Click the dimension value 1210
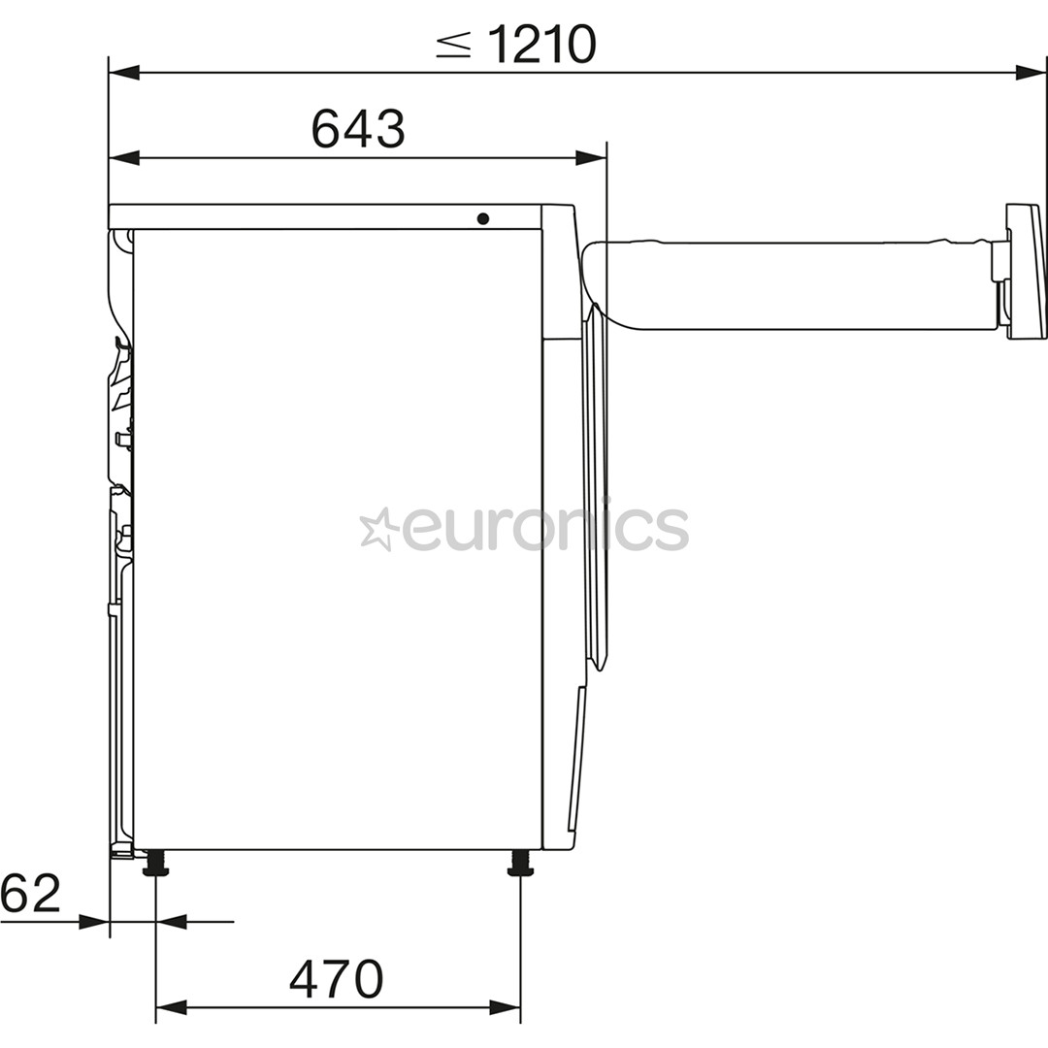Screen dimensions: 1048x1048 coord(541,45)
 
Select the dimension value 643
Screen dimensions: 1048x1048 coord(357,129)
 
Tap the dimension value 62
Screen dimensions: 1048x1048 coord(30,894)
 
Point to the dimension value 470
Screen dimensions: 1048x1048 coord(336,979)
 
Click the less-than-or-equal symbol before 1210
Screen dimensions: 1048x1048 coord(453,46)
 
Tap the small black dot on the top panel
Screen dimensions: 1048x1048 coord(482,218)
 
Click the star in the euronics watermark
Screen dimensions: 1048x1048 coord(378,530)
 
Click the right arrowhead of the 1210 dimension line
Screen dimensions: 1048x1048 coord(1031,73)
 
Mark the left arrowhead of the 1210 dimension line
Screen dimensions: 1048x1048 coord(124,73)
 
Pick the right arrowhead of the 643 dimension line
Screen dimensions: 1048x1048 coord(590,158)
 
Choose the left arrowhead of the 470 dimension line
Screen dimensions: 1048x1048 coord(171,1008)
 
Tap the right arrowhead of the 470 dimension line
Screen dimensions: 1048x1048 coord(505,1008)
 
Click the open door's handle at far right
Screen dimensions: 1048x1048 coord(1025,271)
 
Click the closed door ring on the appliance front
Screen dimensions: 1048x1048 coord(596,485)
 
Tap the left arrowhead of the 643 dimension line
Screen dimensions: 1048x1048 coord(124,158)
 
